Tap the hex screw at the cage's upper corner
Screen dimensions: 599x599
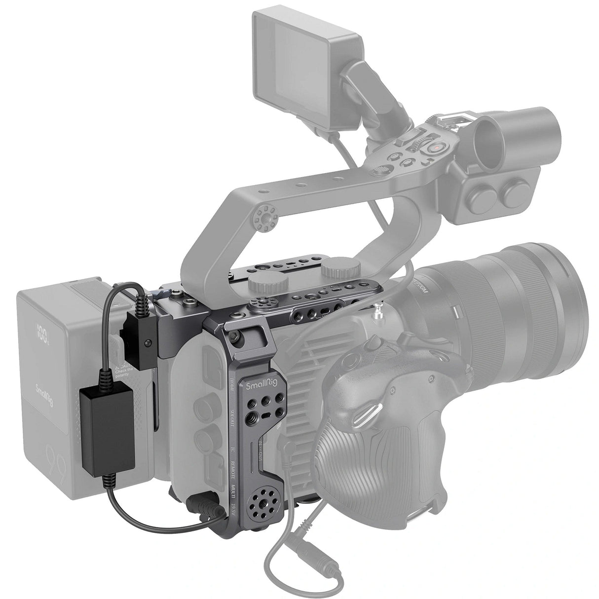click(238, 336)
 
